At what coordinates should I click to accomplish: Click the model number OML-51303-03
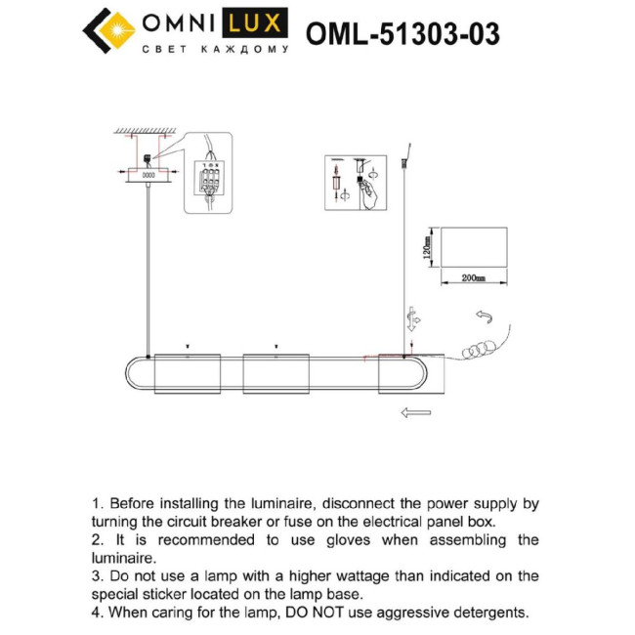[x=402, y=34]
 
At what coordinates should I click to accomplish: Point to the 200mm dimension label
[x=474, y=278]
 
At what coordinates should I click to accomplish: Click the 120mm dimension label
[x=427, y=247]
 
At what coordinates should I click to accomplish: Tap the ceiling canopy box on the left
[x=148, y=176]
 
